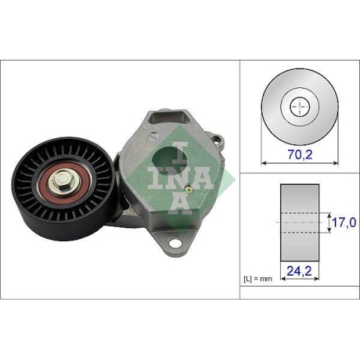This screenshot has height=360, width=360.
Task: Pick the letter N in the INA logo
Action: tap(161, 180)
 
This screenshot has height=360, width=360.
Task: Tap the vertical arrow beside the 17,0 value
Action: tap(328, 222)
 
